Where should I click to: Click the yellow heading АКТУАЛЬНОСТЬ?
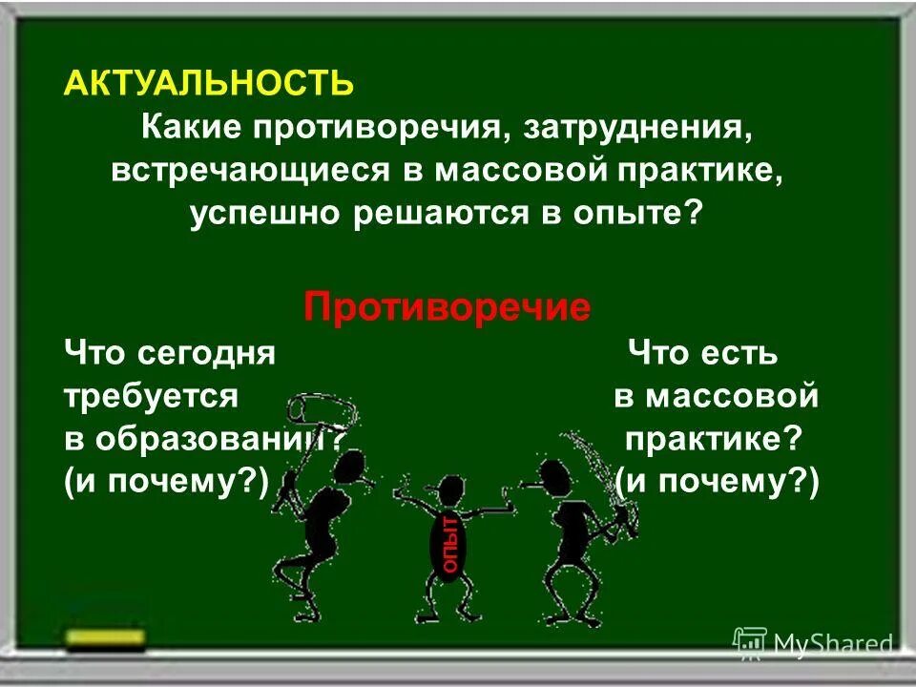[208, 83]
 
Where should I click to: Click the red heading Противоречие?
[448, 307]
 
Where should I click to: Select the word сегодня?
[206, 355]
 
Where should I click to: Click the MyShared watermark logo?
[812, 643]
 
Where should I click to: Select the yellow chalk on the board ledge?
[106, 635]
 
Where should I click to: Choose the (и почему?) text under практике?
[717, 483]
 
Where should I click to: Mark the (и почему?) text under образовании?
[166, 483]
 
